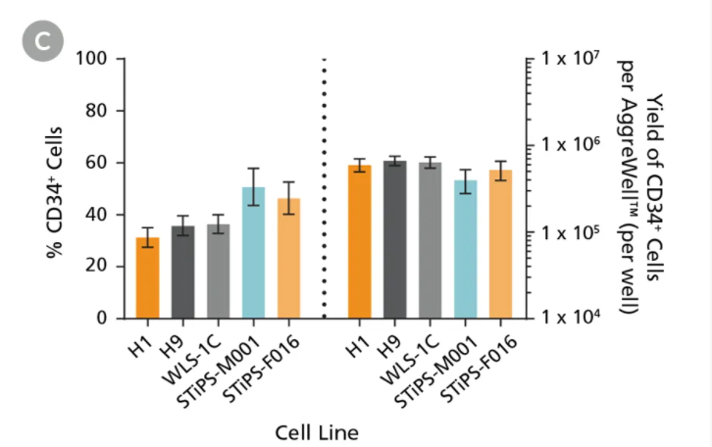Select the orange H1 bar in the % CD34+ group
147,278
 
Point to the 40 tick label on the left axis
94,215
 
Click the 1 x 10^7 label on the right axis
577,60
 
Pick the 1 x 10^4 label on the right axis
577,320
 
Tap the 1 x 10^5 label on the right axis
577,233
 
